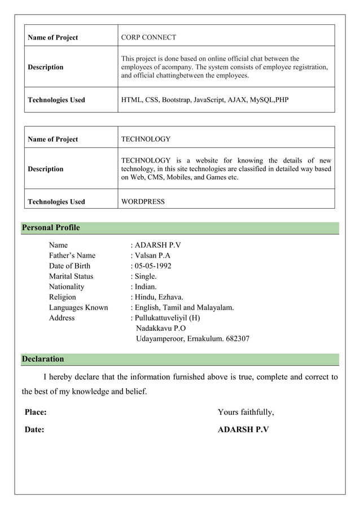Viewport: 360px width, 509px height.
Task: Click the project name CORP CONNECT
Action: [x=149, y=37]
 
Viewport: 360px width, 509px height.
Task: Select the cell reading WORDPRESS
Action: [x=143, y=201]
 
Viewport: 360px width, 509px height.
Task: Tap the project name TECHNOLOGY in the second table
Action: [x=146, y=139]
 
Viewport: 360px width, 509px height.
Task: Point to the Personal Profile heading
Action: [x=51, y=228]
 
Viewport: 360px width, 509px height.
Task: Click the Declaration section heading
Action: [x=43, y=359]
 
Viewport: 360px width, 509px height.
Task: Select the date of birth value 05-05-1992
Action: [x=153, y=266]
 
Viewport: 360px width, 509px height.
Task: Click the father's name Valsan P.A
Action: [x=152, y=256]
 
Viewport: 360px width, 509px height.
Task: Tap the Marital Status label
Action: [x=71, y=277]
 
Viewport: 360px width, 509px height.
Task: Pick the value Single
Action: [x=146, y=277]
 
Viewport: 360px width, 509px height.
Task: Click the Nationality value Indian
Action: [x=147, y=287]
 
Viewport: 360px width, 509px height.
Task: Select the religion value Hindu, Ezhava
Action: [x=159, y=297]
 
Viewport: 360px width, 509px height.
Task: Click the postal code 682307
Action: [x=236, y=339]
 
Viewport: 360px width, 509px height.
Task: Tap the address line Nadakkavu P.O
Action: [x=161, y=328]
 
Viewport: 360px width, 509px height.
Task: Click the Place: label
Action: [x=36, y=413]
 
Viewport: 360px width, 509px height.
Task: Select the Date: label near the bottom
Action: [x=34, y=430]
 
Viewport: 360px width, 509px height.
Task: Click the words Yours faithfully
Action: [x=246, y=413]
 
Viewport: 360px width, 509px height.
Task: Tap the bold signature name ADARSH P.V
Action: [x=243, y=430]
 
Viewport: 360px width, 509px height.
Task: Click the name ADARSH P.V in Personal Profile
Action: [x=158, y=245]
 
